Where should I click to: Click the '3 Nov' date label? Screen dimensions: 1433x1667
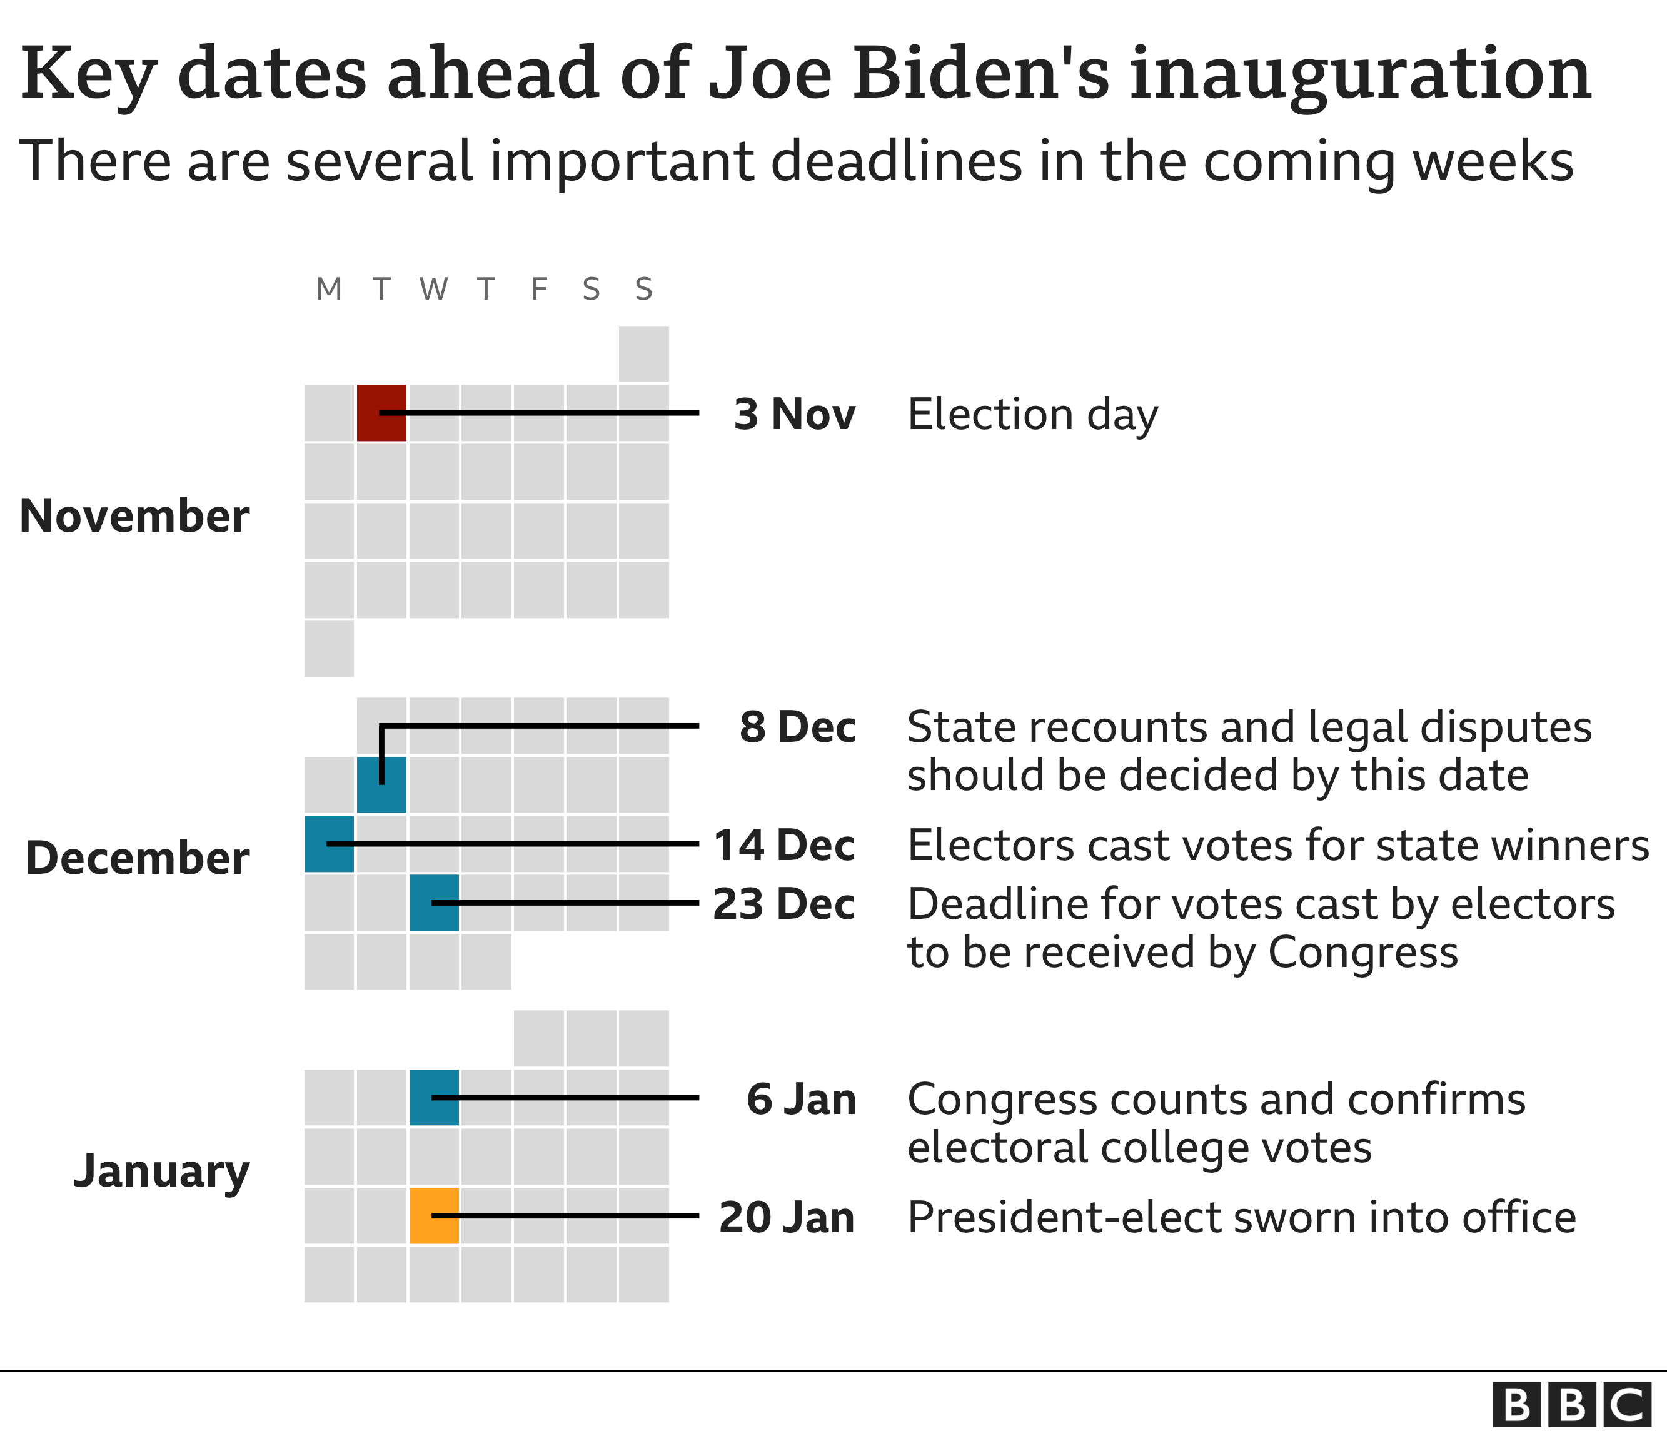coord(794,414)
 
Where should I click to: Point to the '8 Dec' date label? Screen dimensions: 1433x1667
coord(797,727)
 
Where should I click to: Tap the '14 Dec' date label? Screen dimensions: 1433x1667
coord(783,845)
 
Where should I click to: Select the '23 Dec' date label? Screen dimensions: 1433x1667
coord(783,904)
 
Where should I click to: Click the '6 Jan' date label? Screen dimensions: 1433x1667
coord(800,1099)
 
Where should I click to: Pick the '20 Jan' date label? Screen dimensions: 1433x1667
coord(786,1217)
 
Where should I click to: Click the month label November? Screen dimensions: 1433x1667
coord(134,516)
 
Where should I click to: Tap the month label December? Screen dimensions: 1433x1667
coord(137,858)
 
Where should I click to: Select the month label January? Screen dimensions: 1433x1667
coord(161,1172)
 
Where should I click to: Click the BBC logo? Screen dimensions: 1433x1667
coord(1571,1404)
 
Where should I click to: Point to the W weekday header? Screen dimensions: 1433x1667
coord(434,289)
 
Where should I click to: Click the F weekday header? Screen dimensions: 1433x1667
coord(538,289)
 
